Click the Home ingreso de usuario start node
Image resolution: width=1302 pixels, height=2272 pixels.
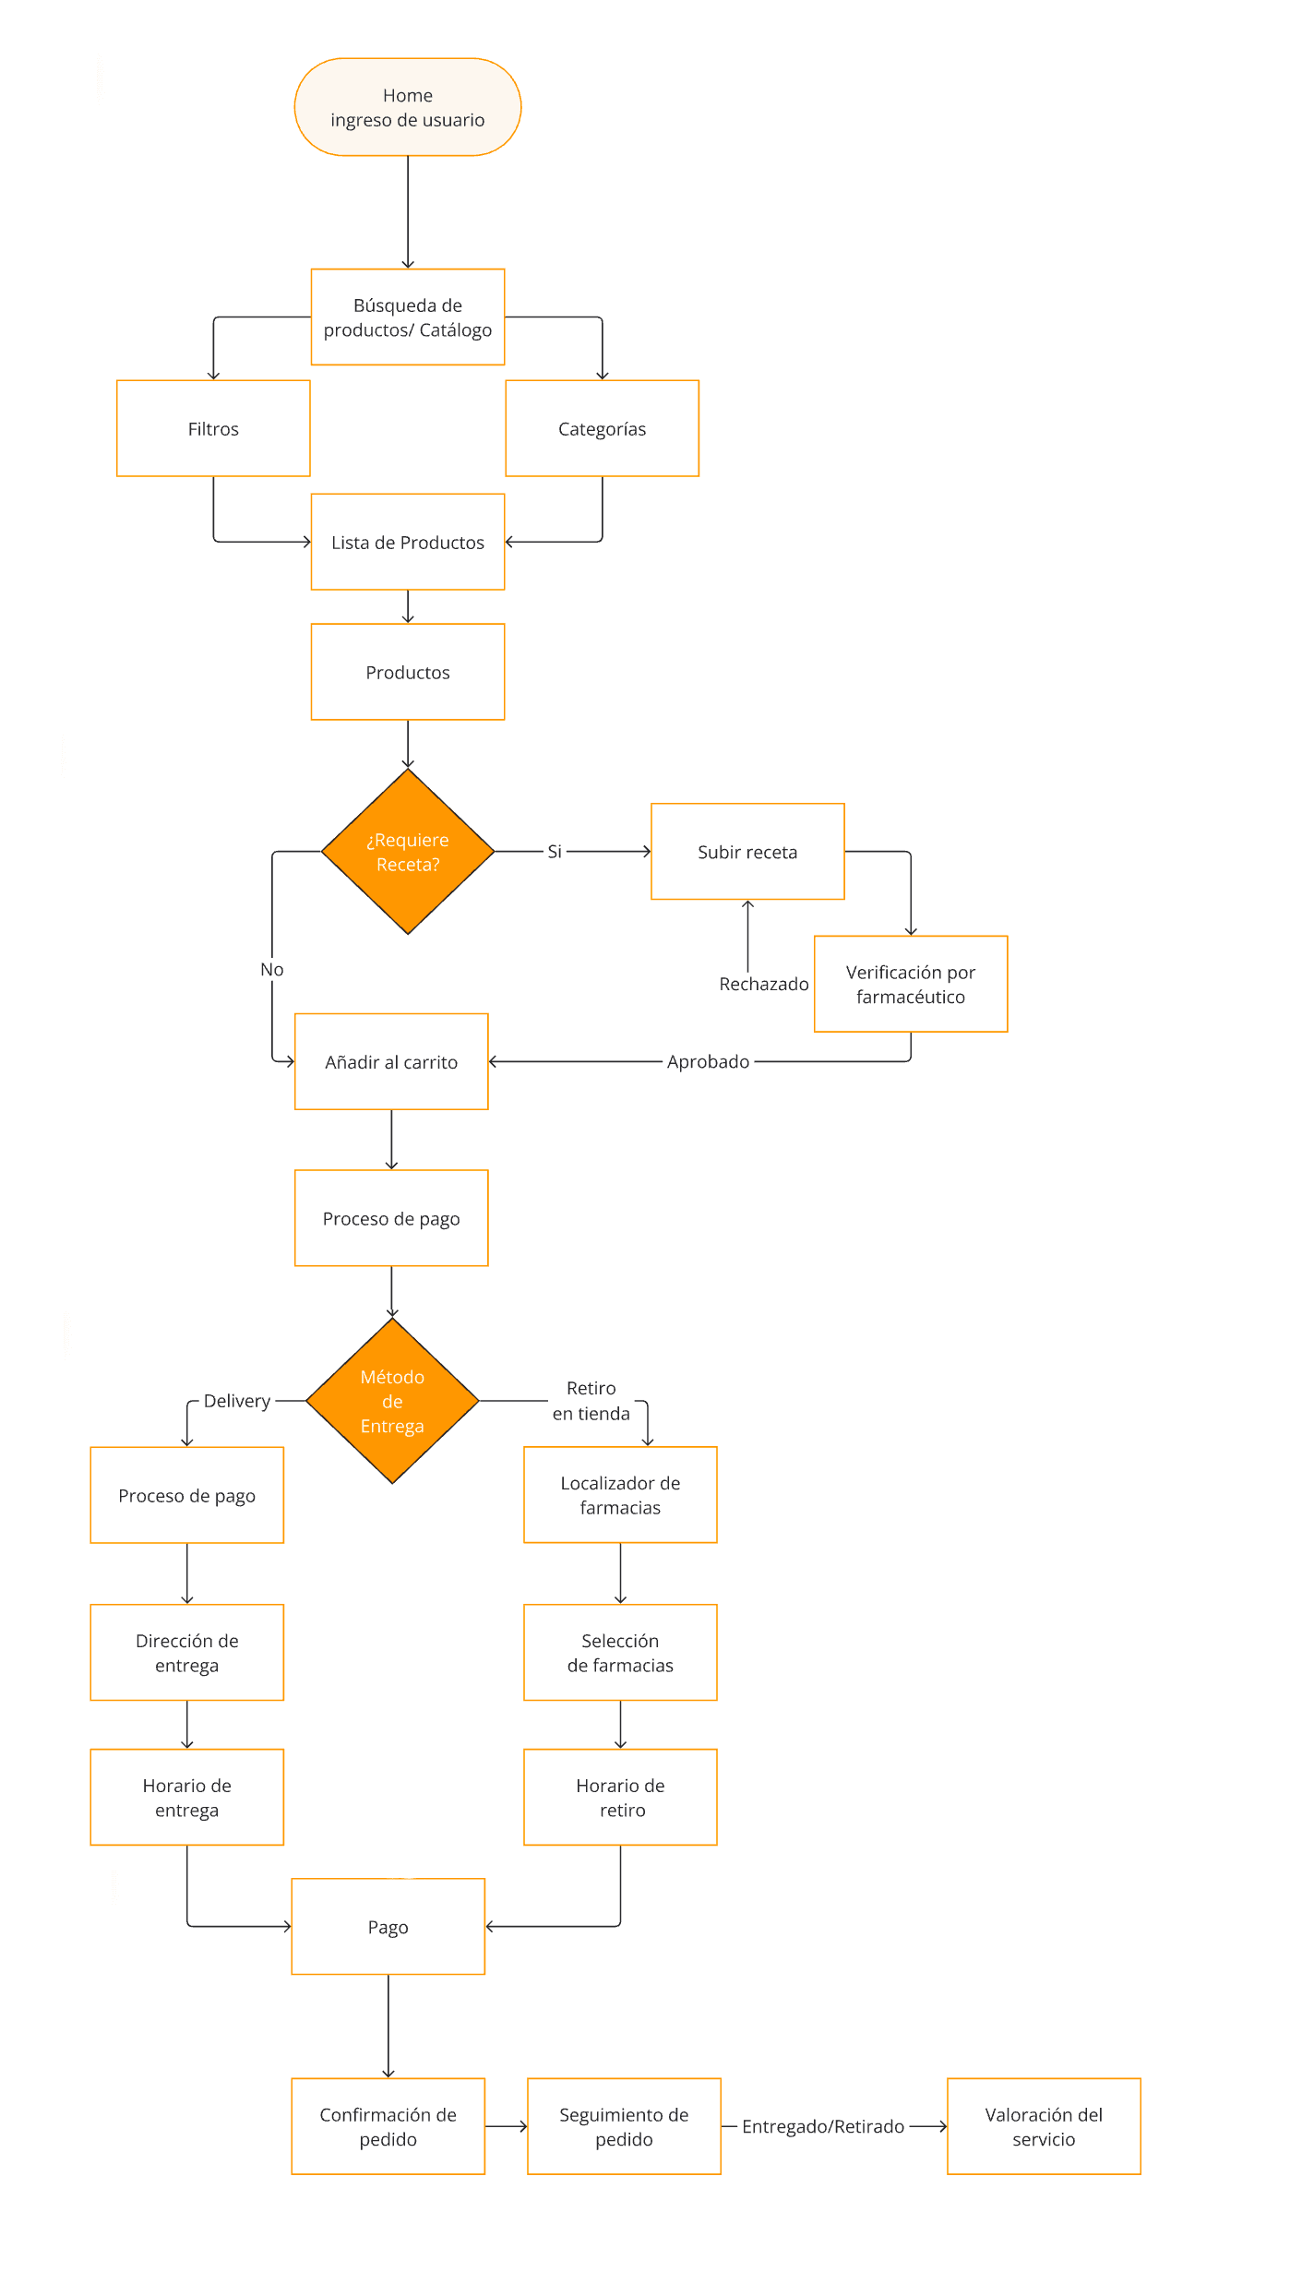pos(407,107)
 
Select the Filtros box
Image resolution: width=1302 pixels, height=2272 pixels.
pos(213,428)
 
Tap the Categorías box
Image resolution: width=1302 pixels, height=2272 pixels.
pos(602,428)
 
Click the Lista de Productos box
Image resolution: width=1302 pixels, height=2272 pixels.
pos(407,542)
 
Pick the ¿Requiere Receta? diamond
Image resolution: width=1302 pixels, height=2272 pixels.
pos(407,851)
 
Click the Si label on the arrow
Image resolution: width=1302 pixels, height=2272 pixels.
pos(554,851)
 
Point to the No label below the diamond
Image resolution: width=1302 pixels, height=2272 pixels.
pos(271,969)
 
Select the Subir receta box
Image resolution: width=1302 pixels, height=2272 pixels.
pos(747,851)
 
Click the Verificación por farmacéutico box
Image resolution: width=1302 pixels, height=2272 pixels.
pos(910,984)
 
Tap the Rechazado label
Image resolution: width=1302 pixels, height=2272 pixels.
pos(763,984)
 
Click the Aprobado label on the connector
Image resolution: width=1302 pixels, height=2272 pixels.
pos(708,1061)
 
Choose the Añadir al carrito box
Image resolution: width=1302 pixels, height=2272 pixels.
pos(390,1061)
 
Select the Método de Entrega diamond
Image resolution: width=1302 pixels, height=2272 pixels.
pos(391,1400)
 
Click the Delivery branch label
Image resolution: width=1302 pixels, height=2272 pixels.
pos(236,1400)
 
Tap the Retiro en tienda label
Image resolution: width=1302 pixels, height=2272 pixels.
pos(591,1400)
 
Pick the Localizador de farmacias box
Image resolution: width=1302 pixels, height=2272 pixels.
pos(619,1494)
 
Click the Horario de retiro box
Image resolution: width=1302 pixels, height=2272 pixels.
pos(619,1797)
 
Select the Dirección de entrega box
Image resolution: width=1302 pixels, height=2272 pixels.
pos(186,1652)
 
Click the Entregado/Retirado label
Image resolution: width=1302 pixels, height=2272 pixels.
pos(822,2126)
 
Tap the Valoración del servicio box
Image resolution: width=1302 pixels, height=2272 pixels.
pos(1043,2126)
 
